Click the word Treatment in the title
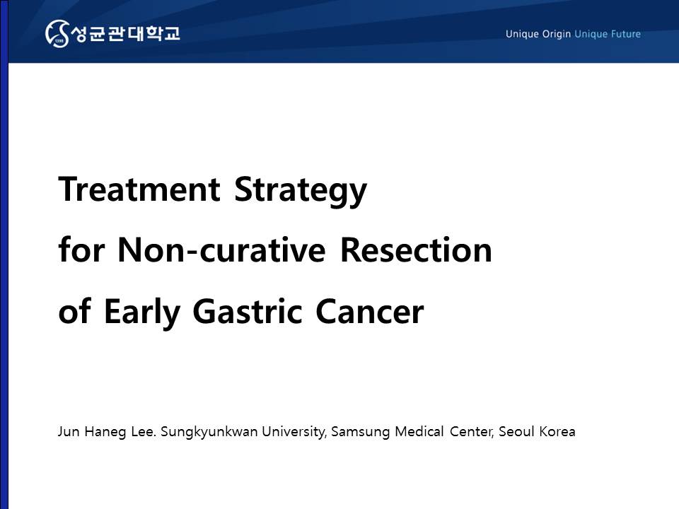click(x=139, y=189)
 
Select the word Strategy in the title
click(x=301, y=191)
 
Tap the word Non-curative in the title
click(x=221, y=250)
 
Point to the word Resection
click(x=416, y=250)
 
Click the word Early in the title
click(x=141, y=312)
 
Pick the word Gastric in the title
click(x=248, y=311)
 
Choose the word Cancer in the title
click(x=370, y=311)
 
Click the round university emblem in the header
click(x=57, y=33)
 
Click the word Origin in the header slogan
click(x=556, y=34)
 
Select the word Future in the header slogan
click(x=625, y=34)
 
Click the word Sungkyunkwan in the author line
click(x=209, y=432)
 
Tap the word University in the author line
click(x=294, y=432)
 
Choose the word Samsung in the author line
click(x=360, y=432)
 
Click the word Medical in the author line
click(x=419, y=431)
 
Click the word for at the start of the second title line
click(x=81, y=250)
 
